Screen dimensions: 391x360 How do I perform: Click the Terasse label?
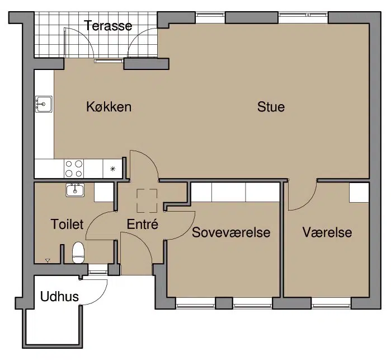pos(108,25)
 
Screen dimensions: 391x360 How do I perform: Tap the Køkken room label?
pos(109,106)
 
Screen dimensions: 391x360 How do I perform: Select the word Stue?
pos(271,106)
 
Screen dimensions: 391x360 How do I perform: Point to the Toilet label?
pos(67,224)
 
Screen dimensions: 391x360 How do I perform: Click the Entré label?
pos(143,224)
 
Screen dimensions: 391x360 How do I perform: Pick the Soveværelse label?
pos(231,232)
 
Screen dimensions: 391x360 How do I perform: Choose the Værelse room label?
pos(327,232)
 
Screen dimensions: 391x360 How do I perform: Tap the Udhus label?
pos(59,297)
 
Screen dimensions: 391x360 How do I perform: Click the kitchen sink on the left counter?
pos(44,104)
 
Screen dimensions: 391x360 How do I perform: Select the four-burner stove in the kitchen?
pos(74,169)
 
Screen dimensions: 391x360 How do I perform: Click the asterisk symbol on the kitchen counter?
pos(112,169)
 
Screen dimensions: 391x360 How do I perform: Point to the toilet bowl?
pos(78,253)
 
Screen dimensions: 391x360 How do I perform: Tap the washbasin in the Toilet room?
pos(75,190)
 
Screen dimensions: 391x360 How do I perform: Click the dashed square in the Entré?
pos(147,201)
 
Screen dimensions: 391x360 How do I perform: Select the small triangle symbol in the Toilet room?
pos(48,261)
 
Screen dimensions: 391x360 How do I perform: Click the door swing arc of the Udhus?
pos(100,298)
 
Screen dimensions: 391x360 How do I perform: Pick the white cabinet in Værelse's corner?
pos(359,193)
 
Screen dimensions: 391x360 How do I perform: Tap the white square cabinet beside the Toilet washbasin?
pos(103,192)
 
